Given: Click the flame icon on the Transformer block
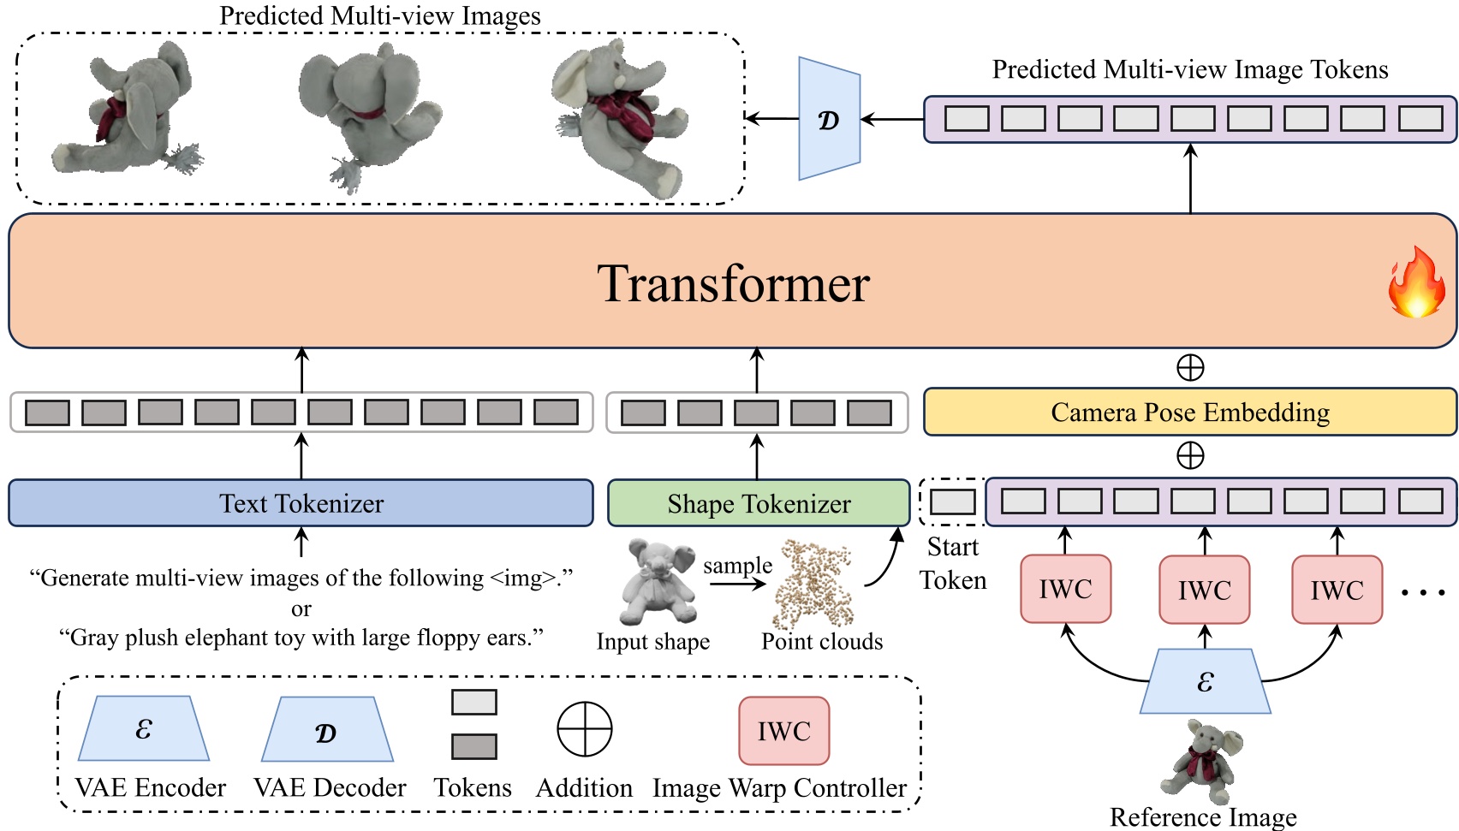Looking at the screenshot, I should click(1416, 283).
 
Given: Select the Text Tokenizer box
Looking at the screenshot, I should click(301, 503).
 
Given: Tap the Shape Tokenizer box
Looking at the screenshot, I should click(759, 503).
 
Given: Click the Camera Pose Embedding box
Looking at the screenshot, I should click(1189, 413).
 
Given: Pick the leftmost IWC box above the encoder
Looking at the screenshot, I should click(1065, 589).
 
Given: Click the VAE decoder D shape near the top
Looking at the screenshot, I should click(828, 119).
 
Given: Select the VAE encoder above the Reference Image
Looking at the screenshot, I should click(1205, 681).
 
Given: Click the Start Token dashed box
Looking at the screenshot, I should click(952, 502).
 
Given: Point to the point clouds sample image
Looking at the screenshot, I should click(813, 584).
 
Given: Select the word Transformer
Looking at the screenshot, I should click(733, 283).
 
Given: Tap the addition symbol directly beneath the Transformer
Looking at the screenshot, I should click(1190, 368).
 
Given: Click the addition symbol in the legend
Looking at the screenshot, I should click(585, 730).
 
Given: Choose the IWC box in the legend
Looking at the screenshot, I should click(783, 731).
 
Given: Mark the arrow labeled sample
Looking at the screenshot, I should click(737, 585).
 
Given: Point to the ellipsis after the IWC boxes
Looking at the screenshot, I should click(1423, 591).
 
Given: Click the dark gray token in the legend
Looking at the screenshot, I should click(473, 746).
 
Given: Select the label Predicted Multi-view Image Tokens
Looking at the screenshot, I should click(1189, 70).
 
